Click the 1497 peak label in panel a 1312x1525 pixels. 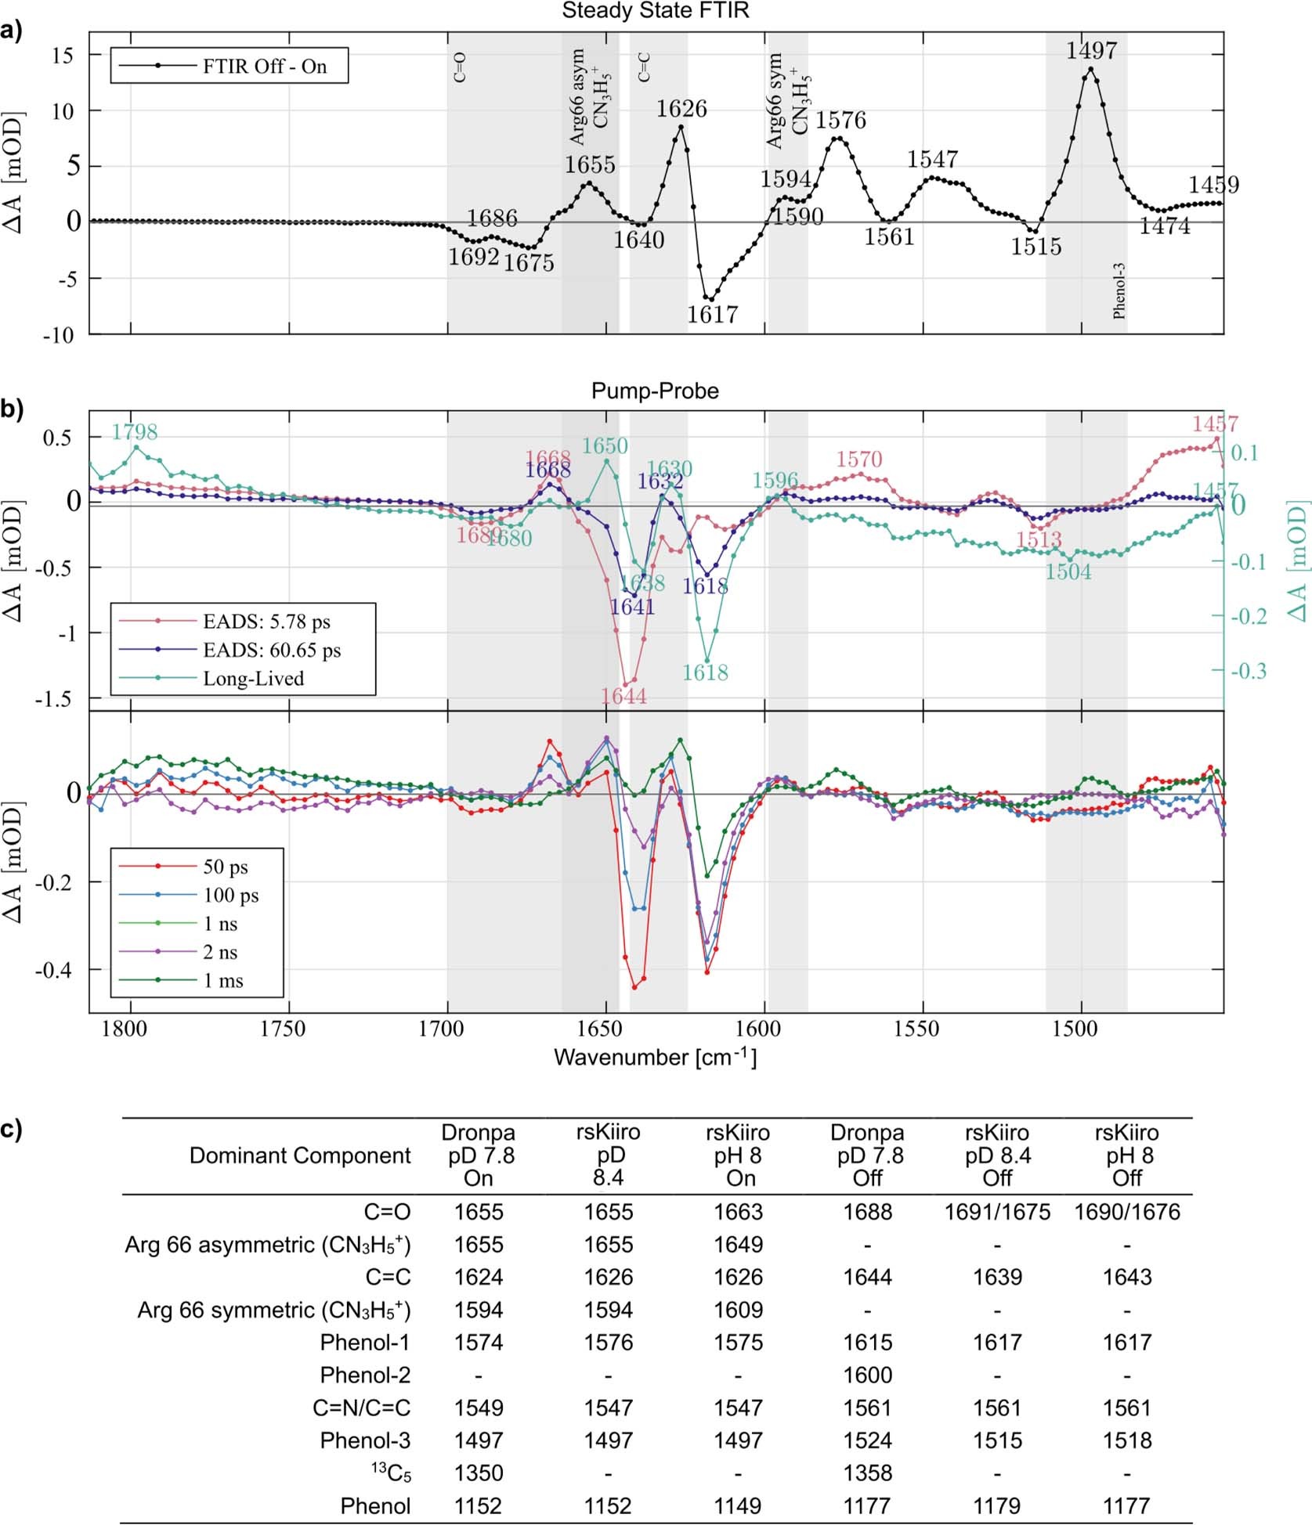coord(1090,51)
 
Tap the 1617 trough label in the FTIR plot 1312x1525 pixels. coord(712,314)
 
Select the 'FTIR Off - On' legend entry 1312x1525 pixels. coord(264,67)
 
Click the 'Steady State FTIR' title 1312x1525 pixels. coord(656,10)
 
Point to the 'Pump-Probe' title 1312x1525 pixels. coord(655,391)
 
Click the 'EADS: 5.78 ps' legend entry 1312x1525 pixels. coord(266,622)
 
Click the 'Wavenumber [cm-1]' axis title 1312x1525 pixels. coord(655,1058)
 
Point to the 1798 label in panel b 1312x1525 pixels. coord(134,432)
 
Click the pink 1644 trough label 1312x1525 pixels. coord(623,696)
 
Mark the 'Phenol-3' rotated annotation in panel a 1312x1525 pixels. coord(1119,290)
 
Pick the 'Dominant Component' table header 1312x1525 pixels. coord(300,1155)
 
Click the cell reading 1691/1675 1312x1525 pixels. coord(996,1212)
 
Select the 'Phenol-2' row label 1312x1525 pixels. coord(365,1375)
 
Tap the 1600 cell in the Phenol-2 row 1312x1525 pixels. coord(867,1375)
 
